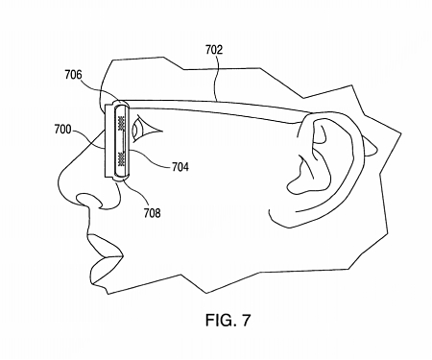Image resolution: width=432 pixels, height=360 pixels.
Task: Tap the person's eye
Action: (x=145, y=129)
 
